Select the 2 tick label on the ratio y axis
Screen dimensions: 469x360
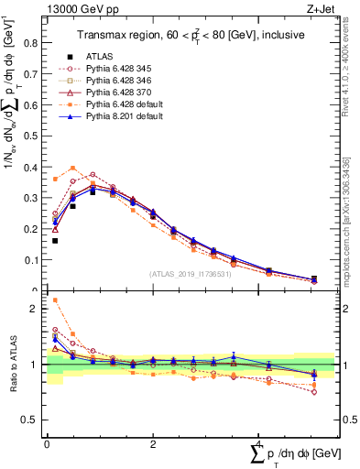(38, 309)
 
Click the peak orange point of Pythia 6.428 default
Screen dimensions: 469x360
(72, 168)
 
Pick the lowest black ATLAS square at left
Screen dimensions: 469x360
(55, 241)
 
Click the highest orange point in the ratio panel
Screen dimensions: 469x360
(55, 300)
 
